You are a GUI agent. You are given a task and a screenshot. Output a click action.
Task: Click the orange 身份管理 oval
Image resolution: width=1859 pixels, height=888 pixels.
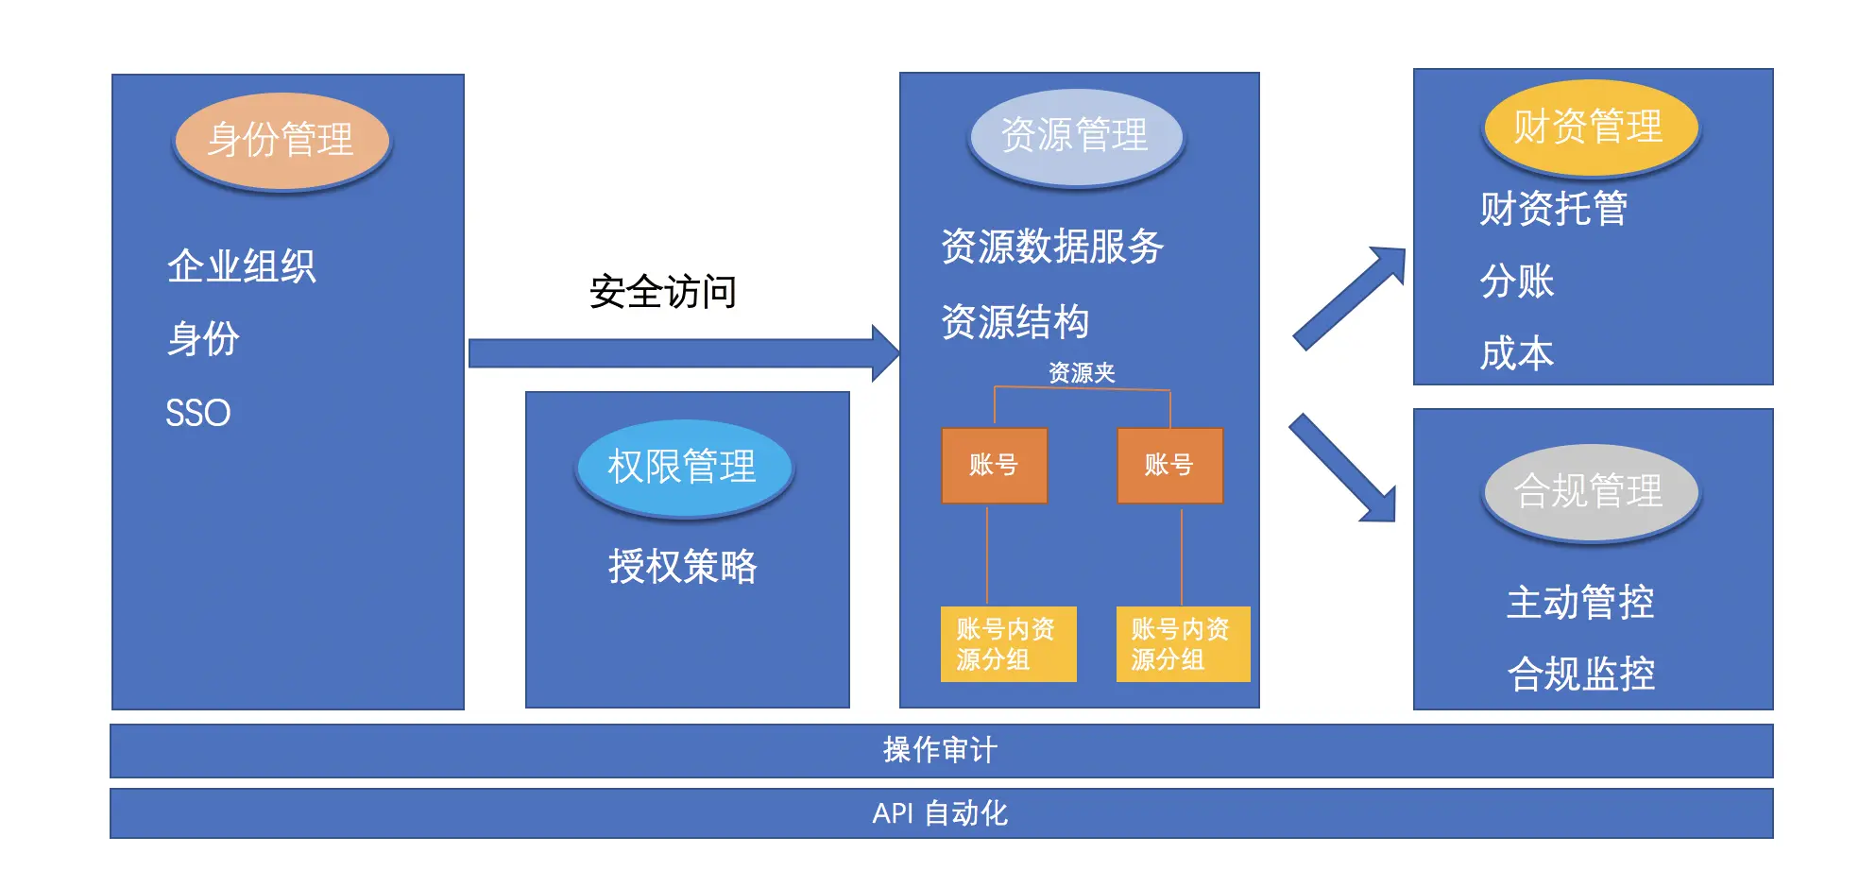tap(281, 141)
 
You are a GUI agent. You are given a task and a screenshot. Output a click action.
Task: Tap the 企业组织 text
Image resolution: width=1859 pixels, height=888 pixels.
tap(241, 266)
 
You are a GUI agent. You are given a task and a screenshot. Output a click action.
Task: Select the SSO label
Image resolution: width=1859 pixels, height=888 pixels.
tap(197, 413)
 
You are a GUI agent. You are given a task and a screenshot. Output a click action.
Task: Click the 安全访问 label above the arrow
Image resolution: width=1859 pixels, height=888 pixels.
tap(662, 292)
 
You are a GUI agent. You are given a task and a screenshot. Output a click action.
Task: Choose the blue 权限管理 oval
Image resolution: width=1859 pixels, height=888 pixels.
tap(683, 467)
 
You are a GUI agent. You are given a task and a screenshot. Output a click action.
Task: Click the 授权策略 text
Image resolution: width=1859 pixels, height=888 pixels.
tap(682, 567)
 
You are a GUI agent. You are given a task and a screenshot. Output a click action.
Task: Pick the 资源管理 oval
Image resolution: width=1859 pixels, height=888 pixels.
tap(1075, 136)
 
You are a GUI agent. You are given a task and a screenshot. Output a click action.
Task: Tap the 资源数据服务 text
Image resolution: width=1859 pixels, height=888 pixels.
tap(1052, 247)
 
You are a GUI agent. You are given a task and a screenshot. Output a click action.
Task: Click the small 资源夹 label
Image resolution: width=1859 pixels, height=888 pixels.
tap(1082, 373)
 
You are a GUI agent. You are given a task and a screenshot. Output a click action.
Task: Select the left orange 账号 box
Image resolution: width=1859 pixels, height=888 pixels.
tap(994, 465)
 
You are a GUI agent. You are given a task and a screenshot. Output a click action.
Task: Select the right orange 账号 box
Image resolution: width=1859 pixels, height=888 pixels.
tap(1169, 465)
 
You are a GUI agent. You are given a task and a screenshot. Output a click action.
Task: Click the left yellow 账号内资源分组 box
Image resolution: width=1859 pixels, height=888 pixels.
tap(1008, 644)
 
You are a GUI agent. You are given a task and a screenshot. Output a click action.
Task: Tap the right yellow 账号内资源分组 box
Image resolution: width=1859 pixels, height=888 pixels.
tap(1183, 644)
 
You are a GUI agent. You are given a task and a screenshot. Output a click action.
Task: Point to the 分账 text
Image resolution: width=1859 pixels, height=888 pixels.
tap(1517, 282)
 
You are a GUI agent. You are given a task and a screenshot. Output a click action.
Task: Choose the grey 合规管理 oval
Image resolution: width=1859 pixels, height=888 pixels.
tap(1590, 491)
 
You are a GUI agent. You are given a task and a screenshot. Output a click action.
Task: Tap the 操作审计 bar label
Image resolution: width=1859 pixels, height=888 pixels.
tap(940, 751)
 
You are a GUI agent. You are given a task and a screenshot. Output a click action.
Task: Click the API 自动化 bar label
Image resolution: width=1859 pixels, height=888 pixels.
tap(940, 813)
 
